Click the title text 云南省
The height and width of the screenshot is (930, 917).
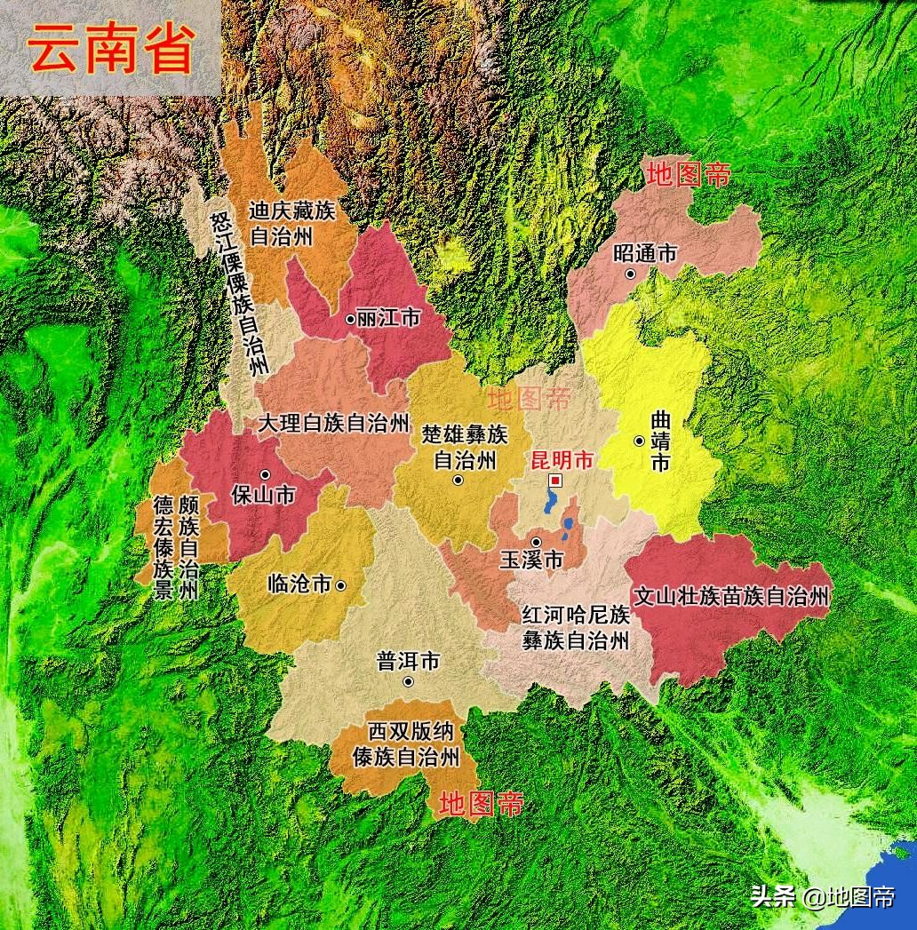(110, 49)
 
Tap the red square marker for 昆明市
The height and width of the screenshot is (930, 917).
(555, 481)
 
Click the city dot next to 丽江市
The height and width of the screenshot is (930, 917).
(349, 318)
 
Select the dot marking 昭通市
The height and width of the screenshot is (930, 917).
(631, 274)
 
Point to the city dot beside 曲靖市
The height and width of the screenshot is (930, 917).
(639, 441)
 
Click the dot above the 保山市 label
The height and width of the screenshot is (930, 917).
(264, 474)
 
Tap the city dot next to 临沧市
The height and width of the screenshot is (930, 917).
(339, 584)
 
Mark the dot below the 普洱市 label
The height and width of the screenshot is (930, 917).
(408, 681)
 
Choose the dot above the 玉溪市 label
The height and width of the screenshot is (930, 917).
(536, 541)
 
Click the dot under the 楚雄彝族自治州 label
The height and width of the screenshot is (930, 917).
(458, 481)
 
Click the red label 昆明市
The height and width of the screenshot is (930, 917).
(561, 460)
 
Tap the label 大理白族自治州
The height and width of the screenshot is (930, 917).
(333, 423)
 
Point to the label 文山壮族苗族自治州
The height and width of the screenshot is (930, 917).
(730, 596)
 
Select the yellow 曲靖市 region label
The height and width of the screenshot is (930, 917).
(659, 441)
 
